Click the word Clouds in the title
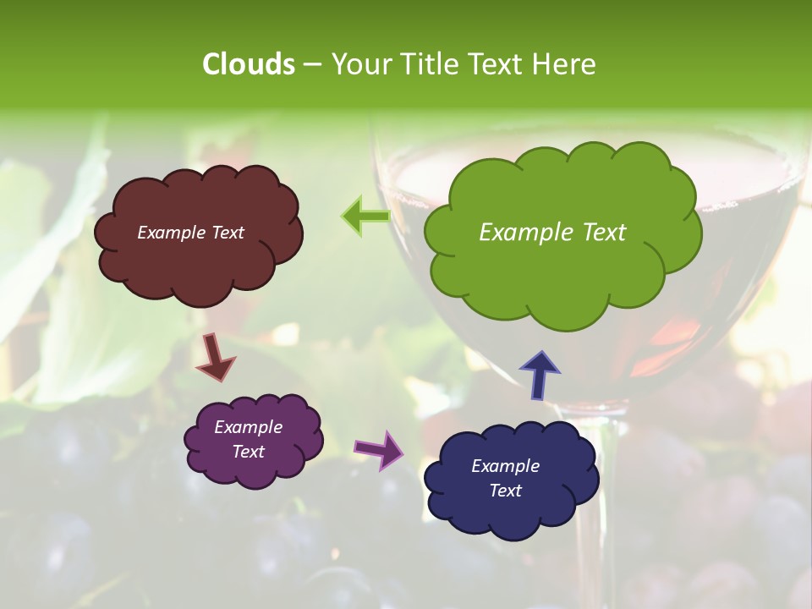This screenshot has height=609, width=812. pyautogui.click(x=248, y=63)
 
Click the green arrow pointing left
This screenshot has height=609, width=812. pyautogui.click(x=365, y=217)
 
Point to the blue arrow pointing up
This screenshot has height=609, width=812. pyautogui.click(x=540, y=374)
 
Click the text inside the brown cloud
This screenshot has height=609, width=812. pyautogui.click(x=190, y=233)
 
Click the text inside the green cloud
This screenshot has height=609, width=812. pyautogui.click(x=552, y=233)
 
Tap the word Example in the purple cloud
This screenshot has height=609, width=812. pyautogui.click(x=248, y=427)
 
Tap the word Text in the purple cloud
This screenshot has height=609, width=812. pyautogui.click(x=248, y=452)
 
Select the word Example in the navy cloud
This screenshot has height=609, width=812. pyautogui.click(x=505, y=466)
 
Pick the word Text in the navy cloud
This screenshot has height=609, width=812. pyautogui.click(x=505, y=491)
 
